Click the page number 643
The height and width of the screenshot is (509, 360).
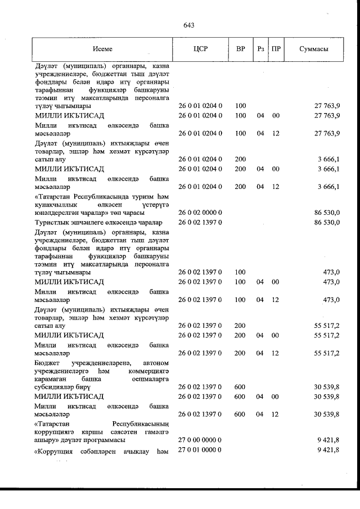pos(188,25)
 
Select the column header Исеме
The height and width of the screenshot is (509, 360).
pos(103,48)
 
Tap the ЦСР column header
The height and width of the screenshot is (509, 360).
pos(200,48)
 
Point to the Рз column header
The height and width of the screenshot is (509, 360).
pos(260,48)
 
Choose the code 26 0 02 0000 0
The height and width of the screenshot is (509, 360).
pos(201,213)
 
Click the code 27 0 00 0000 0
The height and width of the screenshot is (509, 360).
pos(201,439)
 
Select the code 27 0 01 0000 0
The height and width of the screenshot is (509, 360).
pos(201,450)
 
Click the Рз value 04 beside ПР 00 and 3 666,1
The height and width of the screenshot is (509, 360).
pos(260,169)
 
